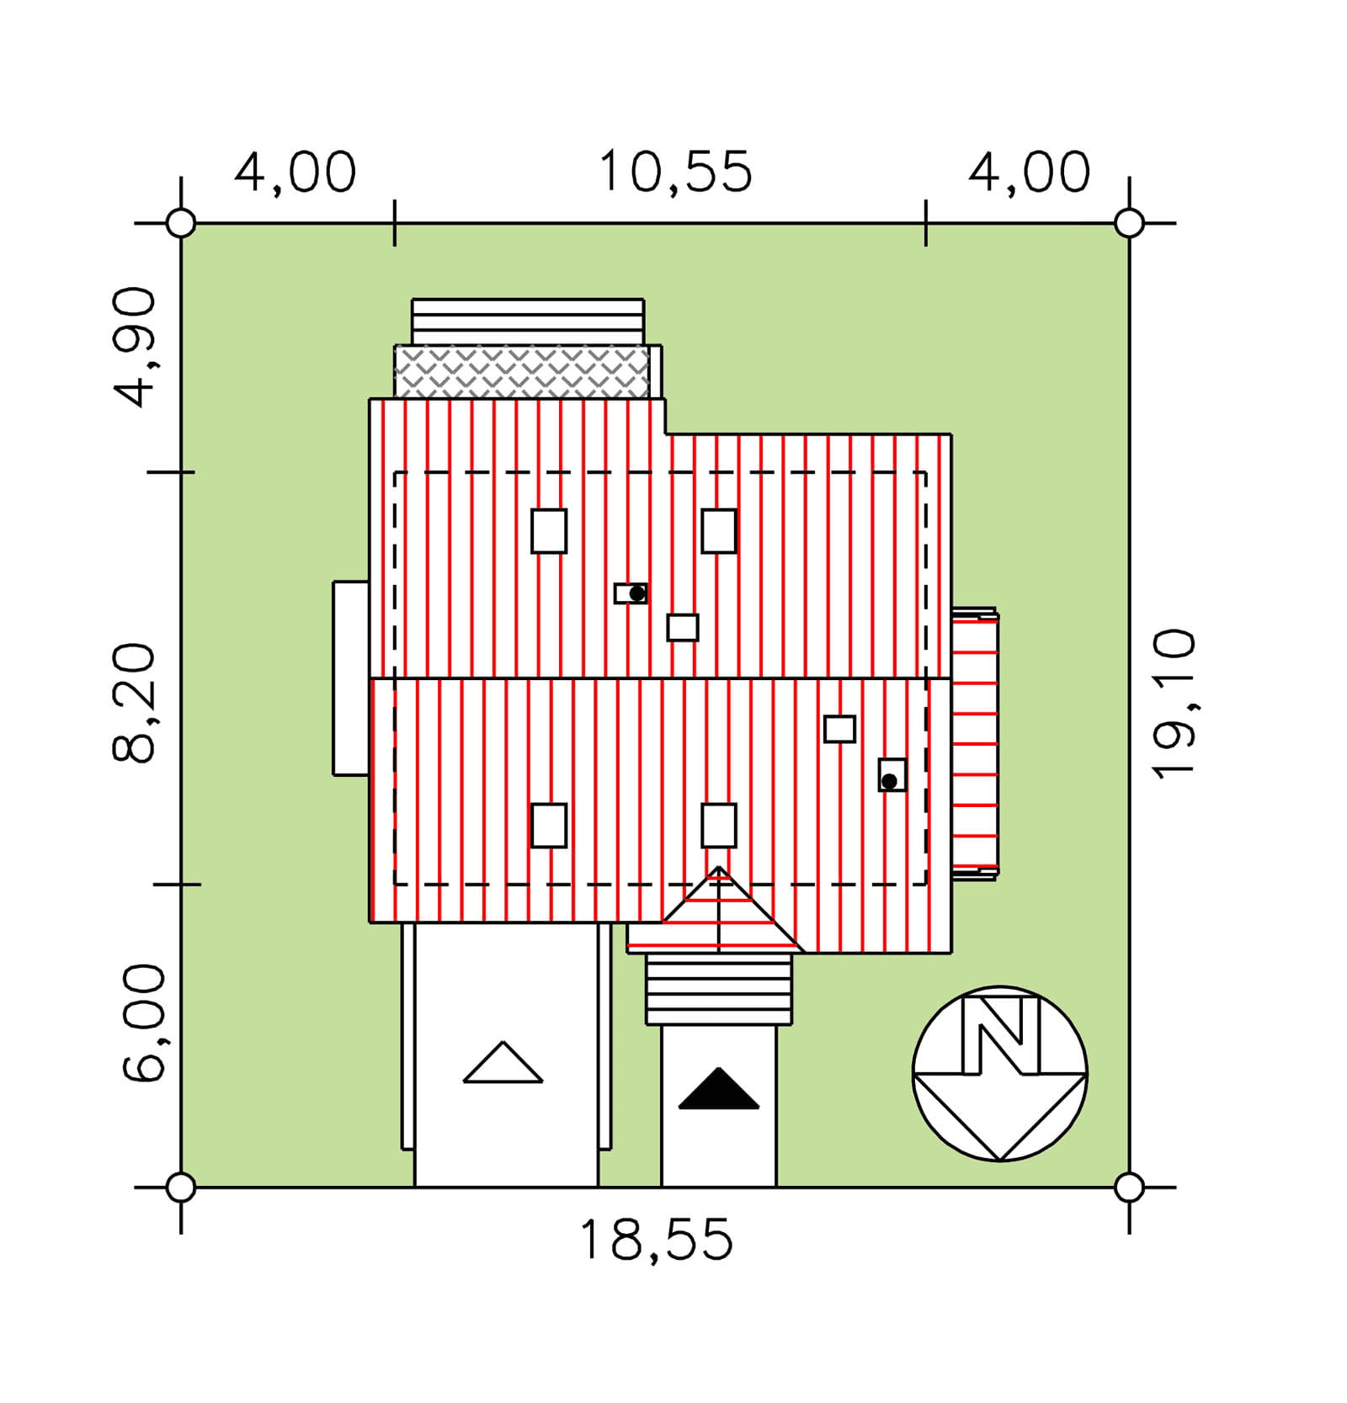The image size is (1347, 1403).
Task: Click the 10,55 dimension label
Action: tap(675, 173)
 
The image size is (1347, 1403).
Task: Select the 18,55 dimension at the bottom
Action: tap(657, 1241)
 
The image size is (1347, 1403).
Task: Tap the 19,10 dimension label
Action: tap(1174, 704)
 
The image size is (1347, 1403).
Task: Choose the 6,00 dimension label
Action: tap(145, 1023)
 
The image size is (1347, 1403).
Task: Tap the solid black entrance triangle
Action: tap(719, 1089)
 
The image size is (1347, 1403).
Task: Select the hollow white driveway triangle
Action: tap(503, 1062)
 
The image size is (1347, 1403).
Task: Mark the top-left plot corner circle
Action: tap(181, 224)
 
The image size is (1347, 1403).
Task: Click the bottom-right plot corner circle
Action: tap(1129, 1188)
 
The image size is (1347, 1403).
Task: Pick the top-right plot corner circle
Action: tap(1129, 224)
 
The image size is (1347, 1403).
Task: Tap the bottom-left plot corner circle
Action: tap(181, 1188)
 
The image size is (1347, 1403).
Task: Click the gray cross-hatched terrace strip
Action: tap(522, 371)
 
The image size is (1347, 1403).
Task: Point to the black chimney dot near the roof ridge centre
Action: tap(637, 593)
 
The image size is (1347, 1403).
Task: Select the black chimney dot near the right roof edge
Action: tap(889, 782)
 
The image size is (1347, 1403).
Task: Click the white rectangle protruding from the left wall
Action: tap(351, 678)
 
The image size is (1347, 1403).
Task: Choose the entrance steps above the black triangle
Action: tap(719, 990)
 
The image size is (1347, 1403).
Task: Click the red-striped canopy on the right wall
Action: tap(975, 744)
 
